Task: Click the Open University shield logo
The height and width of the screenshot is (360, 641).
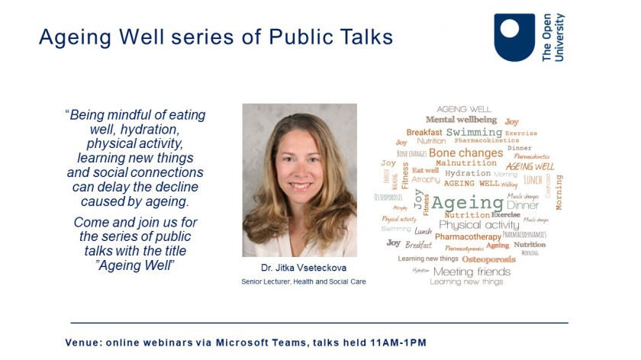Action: [x=514, y=37]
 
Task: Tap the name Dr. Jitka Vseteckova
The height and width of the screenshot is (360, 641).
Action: [x=298, y=269]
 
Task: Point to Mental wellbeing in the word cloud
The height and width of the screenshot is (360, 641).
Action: [x=461, y=120]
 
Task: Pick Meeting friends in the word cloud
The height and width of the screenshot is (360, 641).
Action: [x=472, y=272]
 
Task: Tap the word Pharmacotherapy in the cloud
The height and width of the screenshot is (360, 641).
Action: [x=468, y=236]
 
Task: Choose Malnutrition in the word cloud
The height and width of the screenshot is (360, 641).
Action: [x=465, y=162]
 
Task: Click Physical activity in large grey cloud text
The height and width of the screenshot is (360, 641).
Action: [x=481, y=225]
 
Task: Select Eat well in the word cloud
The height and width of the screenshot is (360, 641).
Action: [x=425, y=171]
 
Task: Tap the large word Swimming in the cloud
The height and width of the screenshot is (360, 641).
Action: [x=474, y=133]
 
